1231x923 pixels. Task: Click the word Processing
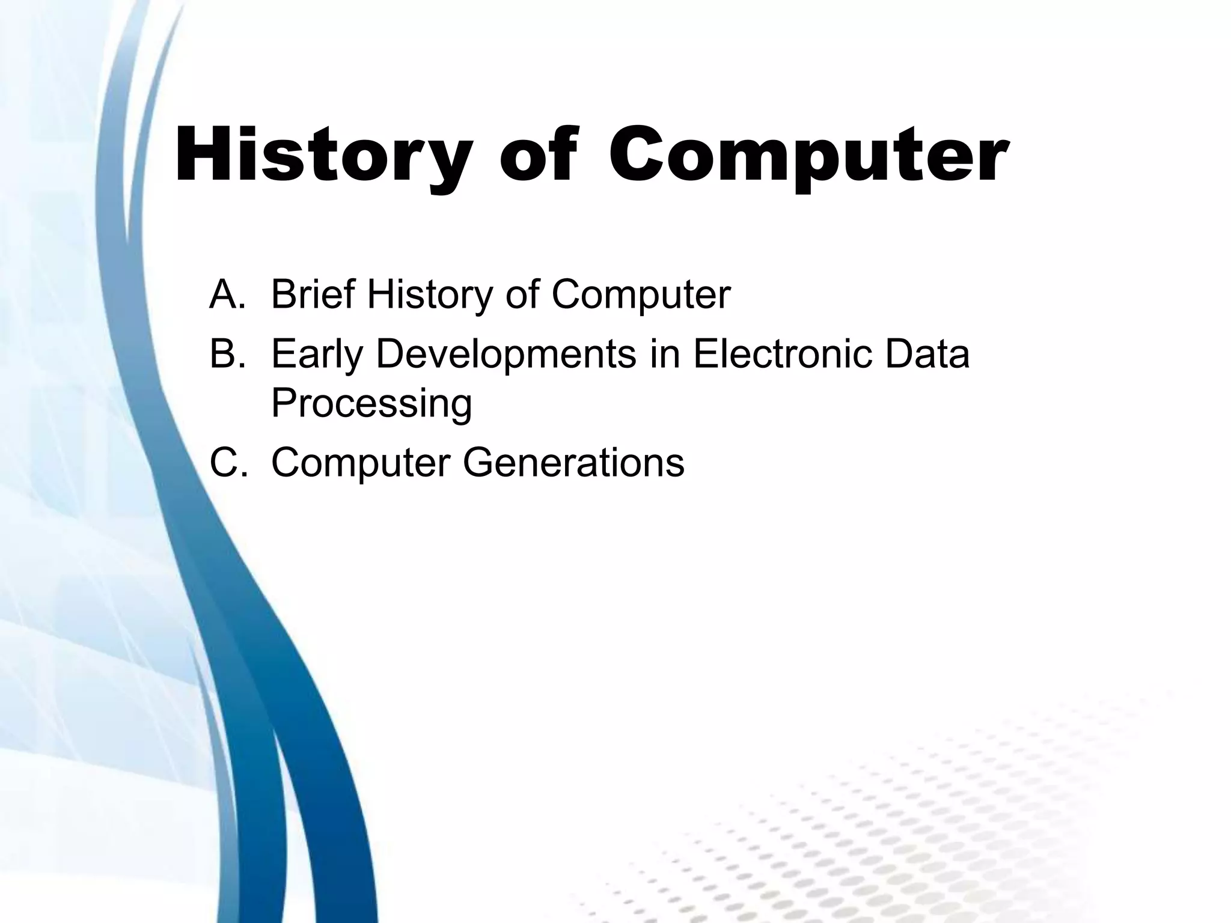point(371,404)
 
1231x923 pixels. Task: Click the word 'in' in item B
point(664,354)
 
